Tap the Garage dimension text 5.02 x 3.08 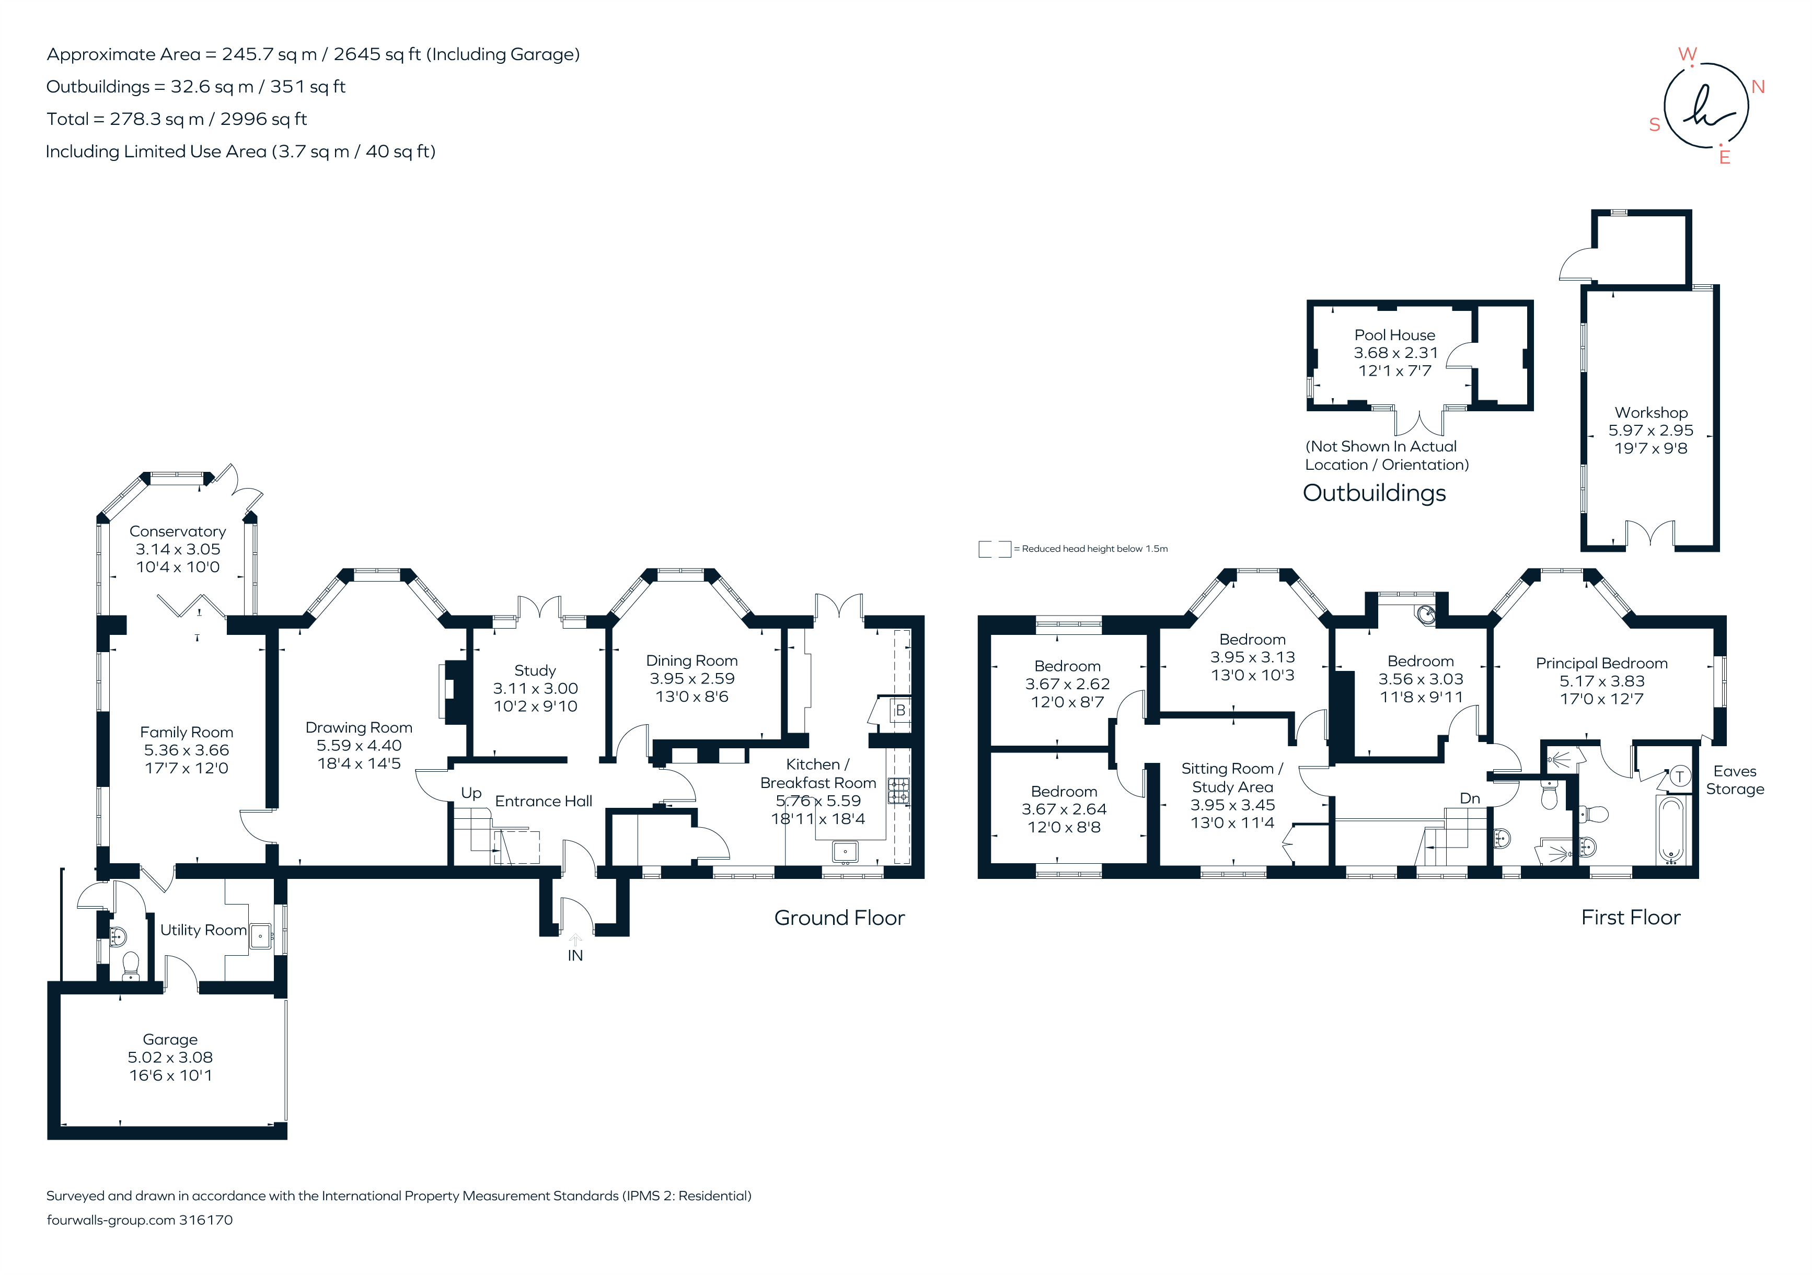(170, 1057)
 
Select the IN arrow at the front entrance (575, 939)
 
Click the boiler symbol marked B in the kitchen (899, 710)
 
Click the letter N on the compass (1758, 87)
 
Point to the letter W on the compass (1687, 54)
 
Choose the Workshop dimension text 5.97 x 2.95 (1651, 431)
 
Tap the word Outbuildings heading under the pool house (1374, 493)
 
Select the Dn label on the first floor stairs (1470, 798)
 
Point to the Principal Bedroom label (1601, 664)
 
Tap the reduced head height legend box (995, 549)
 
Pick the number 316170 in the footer (206, 1220)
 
